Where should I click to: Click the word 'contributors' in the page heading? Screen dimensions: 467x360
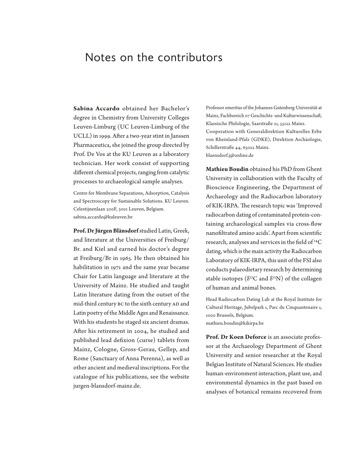tap(192, 58)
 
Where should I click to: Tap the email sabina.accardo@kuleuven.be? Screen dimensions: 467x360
tap(103, 217)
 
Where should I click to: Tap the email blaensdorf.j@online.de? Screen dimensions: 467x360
tap(230, 155)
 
